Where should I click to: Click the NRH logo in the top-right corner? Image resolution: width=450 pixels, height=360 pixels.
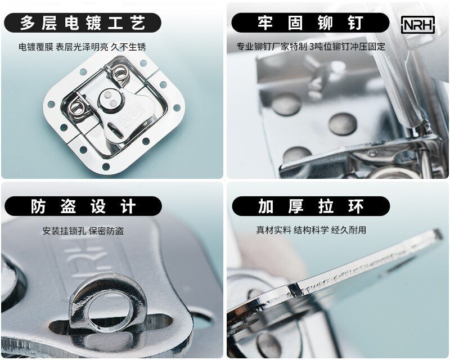417,25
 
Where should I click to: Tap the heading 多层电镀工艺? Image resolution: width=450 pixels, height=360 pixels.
83,23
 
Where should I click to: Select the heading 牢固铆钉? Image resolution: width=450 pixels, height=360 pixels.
310,23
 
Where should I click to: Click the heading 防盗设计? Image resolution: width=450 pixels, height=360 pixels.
83,206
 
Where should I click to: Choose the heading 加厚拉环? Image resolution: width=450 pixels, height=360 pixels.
311,206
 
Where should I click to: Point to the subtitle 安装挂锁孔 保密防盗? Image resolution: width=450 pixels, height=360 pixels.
83,231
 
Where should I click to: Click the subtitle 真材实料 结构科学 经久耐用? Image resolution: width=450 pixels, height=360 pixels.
311,230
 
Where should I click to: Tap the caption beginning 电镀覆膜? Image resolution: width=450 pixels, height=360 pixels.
82,47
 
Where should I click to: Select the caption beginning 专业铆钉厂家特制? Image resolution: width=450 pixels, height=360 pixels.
310,47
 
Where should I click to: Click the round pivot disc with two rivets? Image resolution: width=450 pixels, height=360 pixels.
110,100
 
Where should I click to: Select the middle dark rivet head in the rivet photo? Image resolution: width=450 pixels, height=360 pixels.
343,124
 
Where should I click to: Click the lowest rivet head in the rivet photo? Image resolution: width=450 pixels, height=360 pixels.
297,155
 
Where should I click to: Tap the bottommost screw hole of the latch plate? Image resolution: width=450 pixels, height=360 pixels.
106,166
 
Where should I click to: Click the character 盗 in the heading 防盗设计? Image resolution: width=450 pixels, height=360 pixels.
68,206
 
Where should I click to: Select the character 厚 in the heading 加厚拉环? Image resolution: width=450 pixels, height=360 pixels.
296,206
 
